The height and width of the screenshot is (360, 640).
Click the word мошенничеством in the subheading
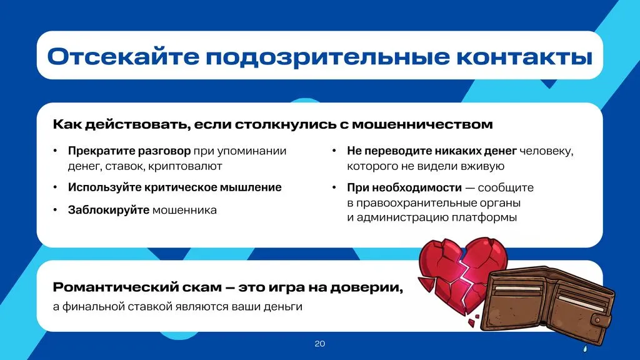422,124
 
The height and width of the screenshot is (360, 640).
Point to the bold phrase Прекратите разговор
129,151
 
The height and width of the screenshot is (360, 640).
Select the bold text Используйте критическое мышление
174,187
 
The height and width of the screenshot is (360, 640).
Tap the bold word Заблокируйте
108,210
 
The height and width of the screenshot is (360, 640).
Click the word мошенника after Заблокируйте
184,210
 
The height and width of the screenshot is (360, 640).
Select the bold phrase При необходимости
404,187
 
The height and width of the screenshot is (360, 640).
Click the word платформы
484,217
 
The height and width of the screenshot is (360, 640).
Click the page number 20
320,344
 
